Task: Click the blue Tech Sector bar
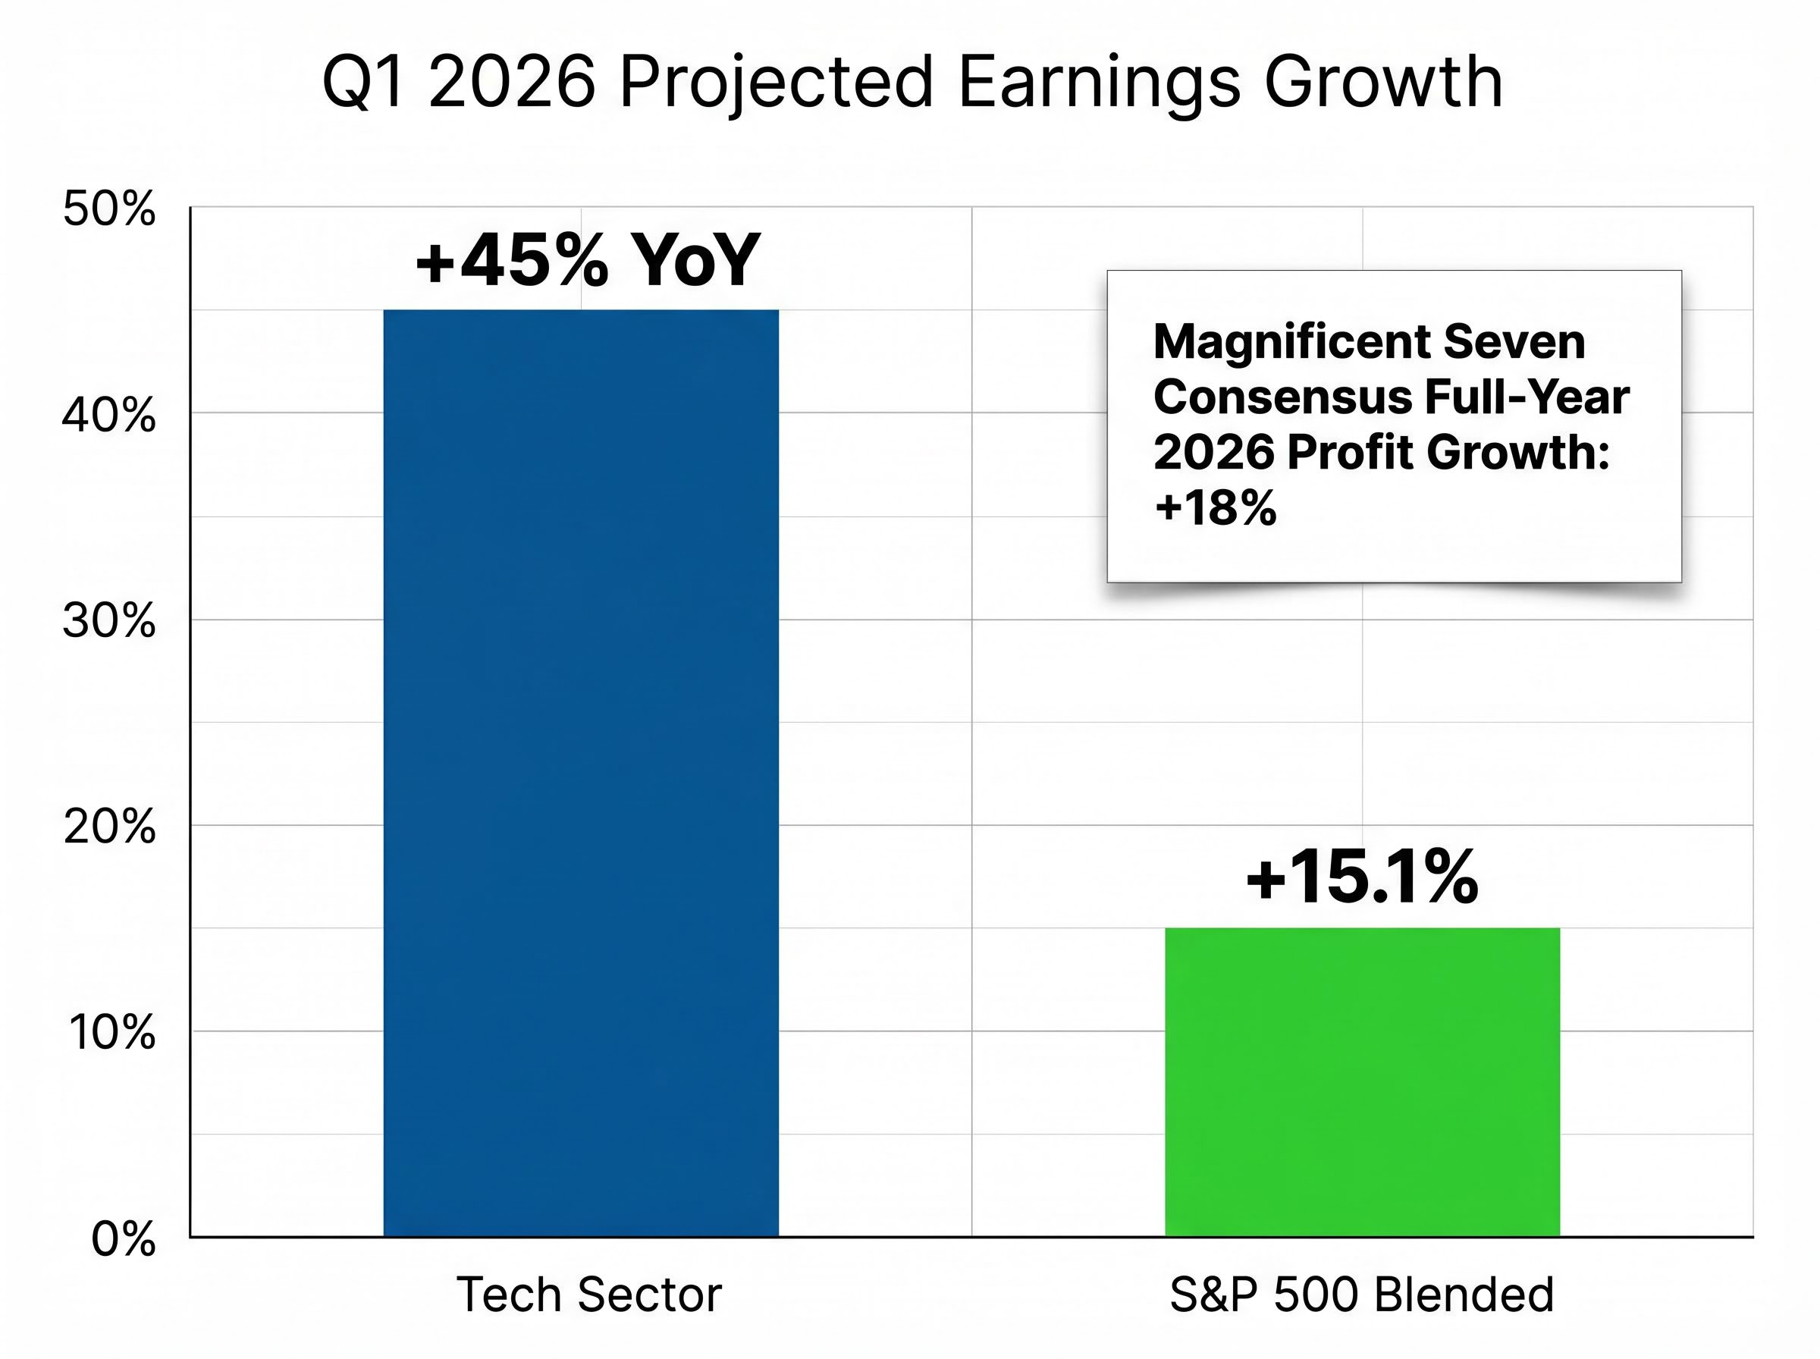click(581, 774)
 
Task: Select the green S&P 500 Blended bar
click(1362, 1081)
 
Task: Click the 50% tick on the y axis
click(108, 209)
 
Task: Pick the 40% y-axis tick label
click(108, 416)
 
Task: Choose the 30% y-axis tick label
click(108, 621)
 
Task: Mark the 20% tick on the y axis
click(108, 827)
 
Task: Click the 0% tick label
click(124, 1239)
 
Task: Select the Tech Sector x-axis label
click(589, 1294)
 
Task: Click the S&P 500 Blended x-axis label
click(1362, 1294)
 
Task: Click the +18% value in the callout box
click(1216, 507)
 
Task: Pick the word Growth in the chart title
click(1383, 82)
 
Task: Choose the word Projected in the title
click(776, 82)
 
